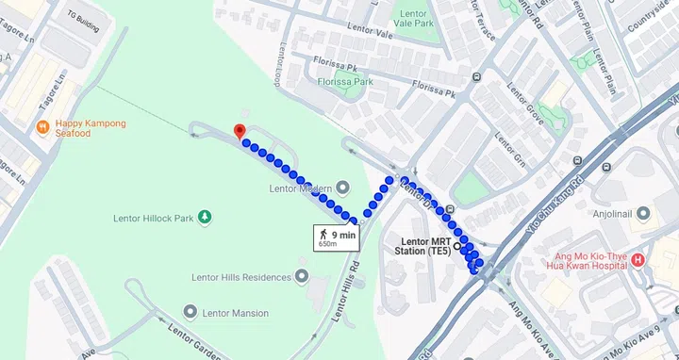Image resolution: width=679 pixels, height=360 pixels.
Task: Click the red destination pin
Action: click(239, 131)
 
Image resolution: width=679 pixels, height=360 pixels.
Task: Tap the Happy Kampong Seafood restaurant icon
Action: click(41, 127)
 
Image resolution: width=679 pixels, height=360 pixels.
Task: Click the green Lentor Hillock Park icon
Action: click(205, 219)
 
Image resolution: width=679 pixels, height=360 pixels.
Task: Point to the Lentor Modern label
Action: click(295, 188)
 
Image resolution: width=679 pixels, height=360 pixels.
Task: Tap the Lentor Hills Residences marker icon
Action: click(302, 276)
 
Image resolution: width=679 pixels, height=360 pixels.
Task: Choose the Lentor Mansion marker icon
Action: click(190, 312)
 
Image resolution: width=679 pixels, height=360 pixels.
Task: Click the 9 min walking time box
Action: click(337, 237)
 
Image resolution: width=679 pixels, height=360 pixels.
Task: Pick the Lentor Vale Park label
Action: click(415, 18)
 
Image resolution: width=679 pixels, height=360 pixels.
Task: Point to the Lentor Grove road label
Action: click(525, 103)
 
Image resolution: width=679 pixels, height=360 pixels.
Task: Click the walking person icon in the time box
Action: click(323, 233)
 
